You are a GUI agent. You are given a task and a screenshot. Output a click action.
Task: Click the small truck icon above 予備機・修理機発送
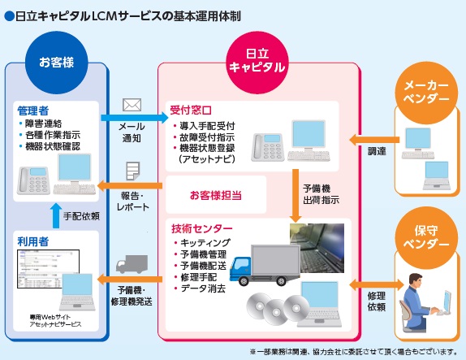pos(132,266)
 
